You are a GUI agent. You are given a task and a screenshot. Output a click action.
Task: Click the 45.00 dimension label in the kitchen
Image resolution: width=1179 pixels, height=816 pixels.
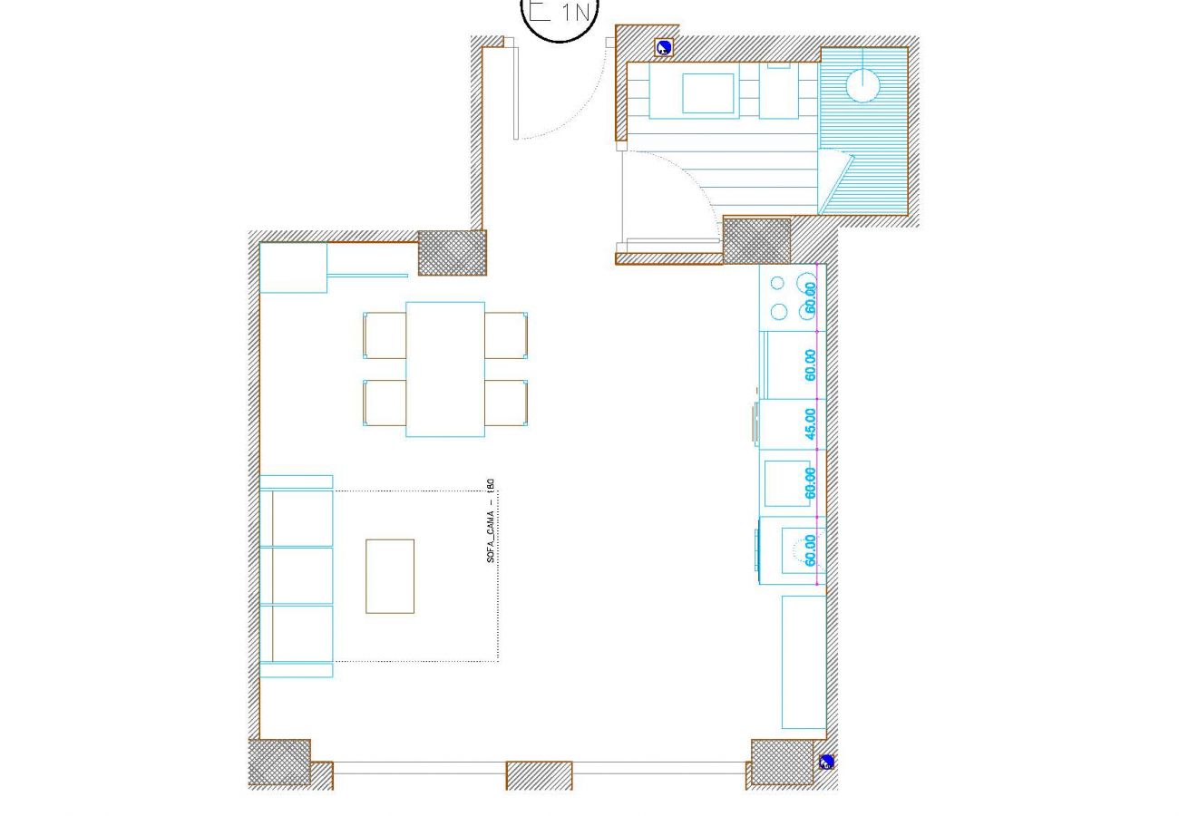click(810, 423)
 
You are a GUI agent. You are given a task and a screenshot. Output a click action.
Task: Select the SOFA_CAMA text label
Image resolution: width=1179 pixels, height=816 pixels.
click(491, 521)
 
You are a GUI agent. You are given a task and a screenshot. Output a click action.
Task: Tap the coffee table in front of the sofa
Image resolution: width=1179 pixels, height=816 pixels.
click(390, 576)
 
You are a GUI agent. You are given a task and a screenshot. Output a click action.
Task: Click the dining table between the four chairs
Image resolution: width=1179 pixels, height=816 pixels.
click(444, 369)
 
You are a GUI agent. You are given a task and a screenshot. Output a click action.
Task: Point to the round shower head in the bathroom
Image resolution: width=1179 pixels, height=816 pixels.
click(862, 85)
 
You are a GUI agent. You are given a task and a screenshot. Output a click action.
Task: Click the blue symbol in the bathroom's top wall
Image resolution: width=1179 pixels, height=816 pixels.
click(664, 48)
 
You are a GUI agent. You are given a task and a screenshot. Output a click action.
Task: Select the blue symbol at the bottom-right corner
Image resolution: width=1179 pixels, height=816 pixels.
click(826, 763)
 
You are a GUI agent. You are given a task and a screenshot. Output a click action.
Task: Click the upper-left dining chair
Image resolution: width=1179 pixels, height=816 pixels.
click(385, 335)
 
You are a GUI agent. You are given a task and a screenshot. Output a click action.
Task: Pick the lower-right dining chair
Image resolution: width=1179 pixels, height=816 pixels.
click(506, 403)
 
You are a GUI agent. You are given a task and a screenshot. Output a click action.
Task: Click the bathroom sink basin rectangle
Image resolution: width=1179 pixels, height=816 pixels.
click(707, 92)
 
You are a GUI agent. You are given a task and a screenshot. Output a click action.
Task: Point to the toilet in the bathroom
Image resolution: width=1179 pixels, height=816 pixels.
click(779, 91)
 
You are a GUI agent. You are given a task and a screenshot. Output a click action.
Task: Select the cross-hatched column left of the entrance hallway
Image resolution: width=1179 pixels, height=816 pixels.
click(451, 253)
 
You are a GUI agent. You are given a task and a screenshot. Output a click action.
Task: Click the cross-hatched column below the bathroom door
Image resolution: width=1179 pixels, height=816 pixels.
click(755, 241)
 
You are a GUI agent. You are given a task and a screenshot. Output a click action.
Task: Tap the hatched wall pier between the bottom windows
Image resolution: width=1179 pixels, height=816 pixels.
click(539, 775)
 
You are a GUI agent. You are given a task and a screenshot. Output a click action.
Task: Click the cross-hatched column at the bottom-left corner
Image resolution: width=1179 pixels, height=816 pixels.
click(278, 763)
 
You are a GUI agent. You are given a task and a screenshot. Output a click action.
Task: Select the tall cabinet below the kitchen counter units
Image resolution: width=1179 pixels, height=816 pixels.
click(804, 661)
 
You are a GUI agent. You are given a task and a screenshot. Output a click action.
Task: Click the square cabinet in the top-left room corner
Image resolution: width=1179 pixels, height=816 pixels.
click(293, 267)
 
